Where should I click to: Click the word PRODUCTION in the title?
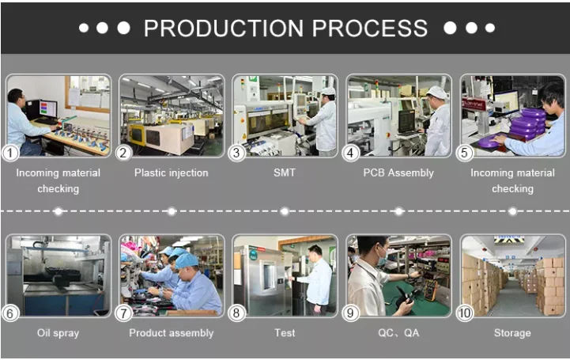[224, 28]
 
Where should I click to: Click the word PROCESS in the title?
[370, 28]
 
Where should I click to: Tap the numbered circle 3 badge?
[236, 153]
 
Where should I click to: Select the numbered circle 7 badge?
[123, 313]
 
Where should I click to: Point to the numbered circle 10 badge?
[464, 313]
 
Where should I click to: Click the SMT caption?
[285, 172]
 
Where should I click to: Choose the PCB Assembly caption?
[398, 172]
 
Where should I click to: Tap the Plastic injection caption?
[172, 172]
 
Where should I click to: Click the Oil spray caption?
[58, 333]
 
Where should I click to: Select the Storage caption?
[512, 333]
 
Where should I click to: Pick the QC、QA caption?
[398, 333]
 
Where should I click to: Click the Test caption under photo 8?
[285, 333]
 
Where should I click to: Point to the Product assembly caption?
[172, 333]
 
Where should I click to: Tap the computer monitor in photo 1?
[48, 108]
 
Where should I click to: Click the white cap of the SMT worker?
[328, 91]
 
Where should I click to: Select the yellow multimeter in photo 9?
[431, 290]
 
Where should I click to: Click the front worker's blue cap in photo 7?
[186, 261]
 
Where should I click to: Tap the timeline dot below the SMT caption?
[285, 211]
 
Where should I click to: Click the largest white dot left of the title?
[123, 28]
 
